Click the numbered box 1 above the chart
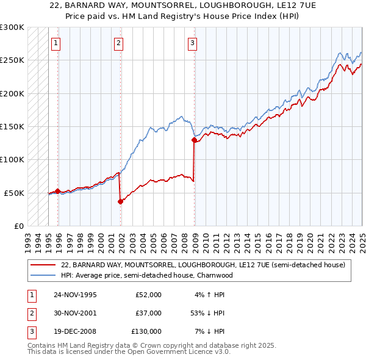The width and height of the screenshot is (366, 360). pyautogui.click(x=56, y=43)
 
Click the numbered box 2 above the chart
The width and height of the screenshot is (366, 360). pyautogui.click(x=118, y=43)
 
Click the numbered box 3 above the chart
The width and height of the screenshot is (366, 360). pyautogui.click(x=192, y=43)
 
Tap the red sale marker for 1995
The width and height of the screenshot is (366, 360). pyautogui.click(x=58, y=191)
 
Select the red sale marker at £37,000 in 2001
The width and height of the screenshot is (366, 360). pyautogui.click(x=120, y=201)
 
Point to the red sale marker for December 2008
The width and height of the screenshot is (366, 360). pyautogui.click(x=195, y=140)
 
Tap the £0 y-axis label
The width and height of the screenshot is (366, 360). pyautogui.click(x=18, y=226)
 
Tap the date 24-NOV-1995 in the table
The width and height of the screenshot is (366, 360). pyautogui.click(x=75, y=295)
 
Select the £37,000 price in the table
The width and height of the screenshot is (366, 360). pyautogui.click(x=148, y=313)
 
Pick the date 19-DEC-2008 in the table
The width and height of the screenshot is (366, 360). pyautogui.click(x=75, y=331)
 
